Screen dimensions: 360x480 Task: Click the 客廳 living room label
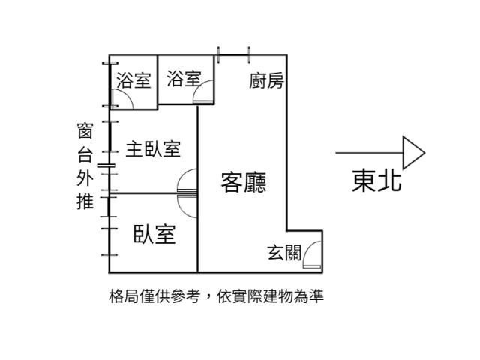point(244,182)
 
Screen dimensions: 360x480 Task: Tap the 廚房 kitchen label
point(266,80)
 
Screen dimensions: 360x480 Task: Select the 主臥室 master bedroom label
point(153,148)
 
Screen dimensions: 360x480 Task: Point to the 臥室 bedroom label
point(154,234)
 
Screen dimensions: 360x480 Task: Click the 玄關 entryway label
point(284,253)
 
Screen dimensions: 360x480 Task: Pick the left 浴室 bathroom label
point(134,80)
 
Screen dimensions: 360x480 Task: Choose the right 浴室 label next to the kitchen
point(184,79)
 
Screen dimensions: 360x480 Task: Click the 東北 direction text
point(376,181)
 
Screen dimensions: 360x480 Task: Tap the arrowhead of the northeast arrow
point(413,153)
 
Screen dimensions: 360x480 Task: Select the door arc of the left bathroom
point(124,100)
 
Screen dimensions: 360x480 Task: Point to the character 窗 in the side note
point(85,132)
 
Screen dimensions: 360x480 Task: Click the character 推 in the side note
point(85,202)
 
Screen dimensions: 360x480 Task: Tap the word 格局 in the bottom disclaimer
point(124,296)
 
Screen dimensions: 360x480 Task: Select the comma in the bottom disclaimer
point(208,298)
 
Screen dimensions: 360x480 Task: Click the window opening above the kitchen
point(233,55)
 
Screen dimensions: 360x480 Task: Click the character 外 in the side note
point(85,178)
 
